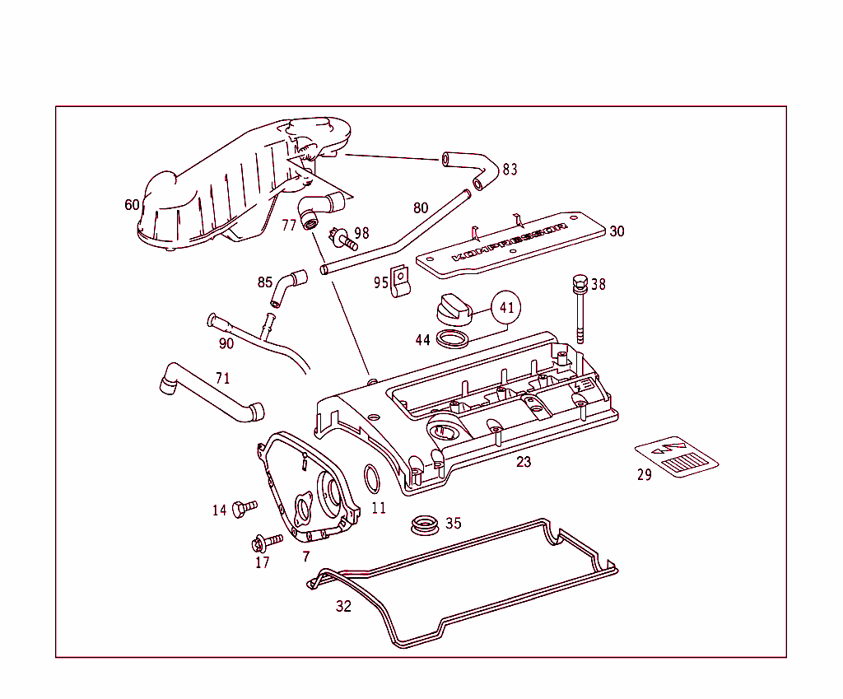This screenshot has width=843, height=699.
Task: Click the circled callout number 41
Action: [x=507, y=309]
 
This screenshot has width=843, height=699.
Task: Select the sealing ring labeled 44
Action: [x=449, y=338]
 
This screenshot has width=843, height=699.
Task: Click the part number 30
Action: [x=617, y=231]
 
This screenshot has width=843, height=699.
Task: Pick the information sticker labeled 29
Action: [x=677, y=457]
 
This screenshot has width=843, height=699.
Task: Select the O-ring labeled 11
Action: [x=371, y=477]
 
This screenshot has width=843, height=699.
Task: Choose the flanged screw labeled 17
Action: [x=266, y=543]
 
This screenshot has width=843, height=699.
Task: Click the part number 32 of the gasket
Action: [x=343, y=607]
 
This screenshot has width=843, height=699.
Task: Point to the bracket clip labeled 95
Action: [x=401, y=281]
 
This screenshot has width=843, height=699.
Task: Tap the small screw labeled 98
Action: [x=343, y=240]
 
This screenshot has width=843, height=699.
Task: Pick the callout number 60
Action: [x=132, y=204]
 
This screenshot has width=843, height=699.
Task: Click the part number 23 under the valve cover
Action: [x=524, y=462]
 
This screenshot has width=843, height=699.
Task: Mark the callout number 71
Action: [x=222, y=379]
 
